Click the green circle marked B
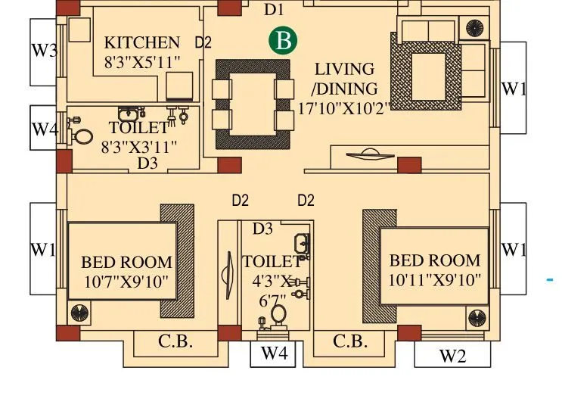click(283, 41)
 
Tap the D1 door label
click(273, 10)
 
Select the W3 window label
click(44, 51)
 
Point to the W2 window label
click(452, 356)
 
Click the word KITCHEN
click(142, 42)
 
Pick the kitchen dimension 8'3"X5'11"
click(142, 62)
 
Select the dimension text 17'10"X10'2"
click(343, 107)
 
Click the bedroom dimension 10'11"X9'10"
click(435, 280)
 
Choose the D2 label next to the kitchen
click(203, 43)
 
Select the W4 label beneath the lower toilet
click(274, 353)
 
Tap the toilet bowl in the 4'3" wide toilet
click(278, 313)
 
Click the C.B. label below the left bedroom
click(175, 341)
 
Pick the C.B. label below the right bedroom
click(350, 341)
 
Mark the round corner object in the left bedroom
click(79, 313)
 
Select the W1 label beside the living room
click(514, 89)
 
